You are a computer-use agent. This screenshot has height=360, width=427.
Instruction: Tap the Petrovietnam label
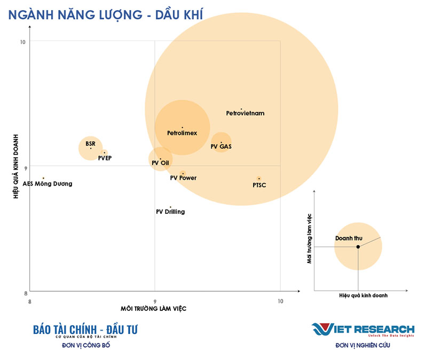point(245,113)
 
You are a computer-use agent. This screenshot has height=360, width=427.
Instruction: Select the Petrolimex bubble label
point(182,132)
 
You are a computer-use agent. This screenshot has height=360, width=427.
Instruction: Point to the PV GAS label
point(221,146)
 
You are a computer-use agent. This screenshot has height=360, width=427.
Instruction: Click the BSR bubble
point(90,147)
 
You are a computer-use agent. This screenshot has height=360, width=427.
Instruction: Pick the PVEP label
point(105,158)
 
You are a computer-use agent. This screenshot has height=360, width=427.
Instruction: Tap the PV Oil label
point(160,162)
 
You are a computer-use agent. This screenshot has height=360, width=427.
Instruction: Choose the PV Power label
point(183,178)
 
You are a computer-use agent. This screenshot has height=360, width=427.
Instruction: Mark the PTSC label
point(259,185)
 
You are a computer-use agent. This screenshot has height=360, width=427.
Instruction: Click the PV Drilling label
point(170,212)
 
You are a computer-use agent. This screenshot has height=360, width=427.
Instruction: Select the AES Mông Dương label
point(48,184)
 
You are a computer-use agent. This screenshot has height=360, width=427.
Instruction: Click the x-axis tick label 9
point(155,300)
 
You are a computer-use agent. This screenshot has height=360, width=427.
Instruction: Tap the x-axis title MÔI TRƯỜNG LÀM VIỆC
point(154,309)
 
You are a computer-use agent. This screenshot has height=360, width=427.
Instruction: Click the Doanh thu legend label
point(349,238)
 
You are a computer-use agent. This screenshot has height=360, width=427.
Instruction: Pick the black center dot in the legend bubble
point(358,247)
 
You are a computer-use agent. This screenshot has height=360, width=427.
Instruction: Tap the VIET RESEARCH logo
point(363,329)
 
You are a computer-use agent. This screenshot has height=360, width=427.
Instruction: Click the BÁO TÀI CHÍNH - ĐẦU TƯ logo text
point(85,330)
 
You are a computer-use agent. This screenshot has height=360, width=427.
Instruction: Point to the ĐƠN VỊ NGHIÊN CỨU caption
point(363,345)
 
